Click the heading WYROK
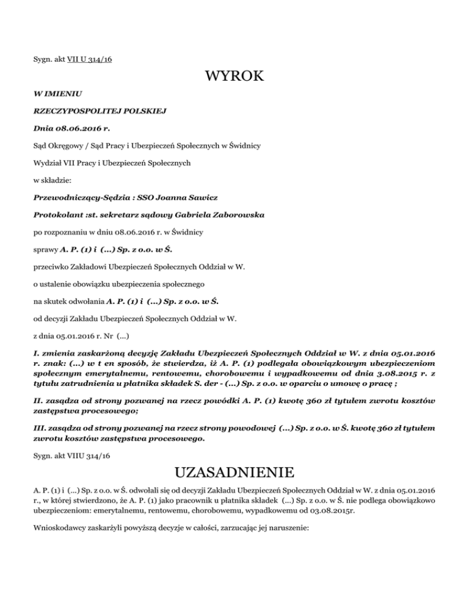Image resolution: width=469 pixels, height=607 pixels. [234, 77]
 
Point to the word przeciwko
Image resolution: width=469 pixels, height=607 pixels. [52, 284]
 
